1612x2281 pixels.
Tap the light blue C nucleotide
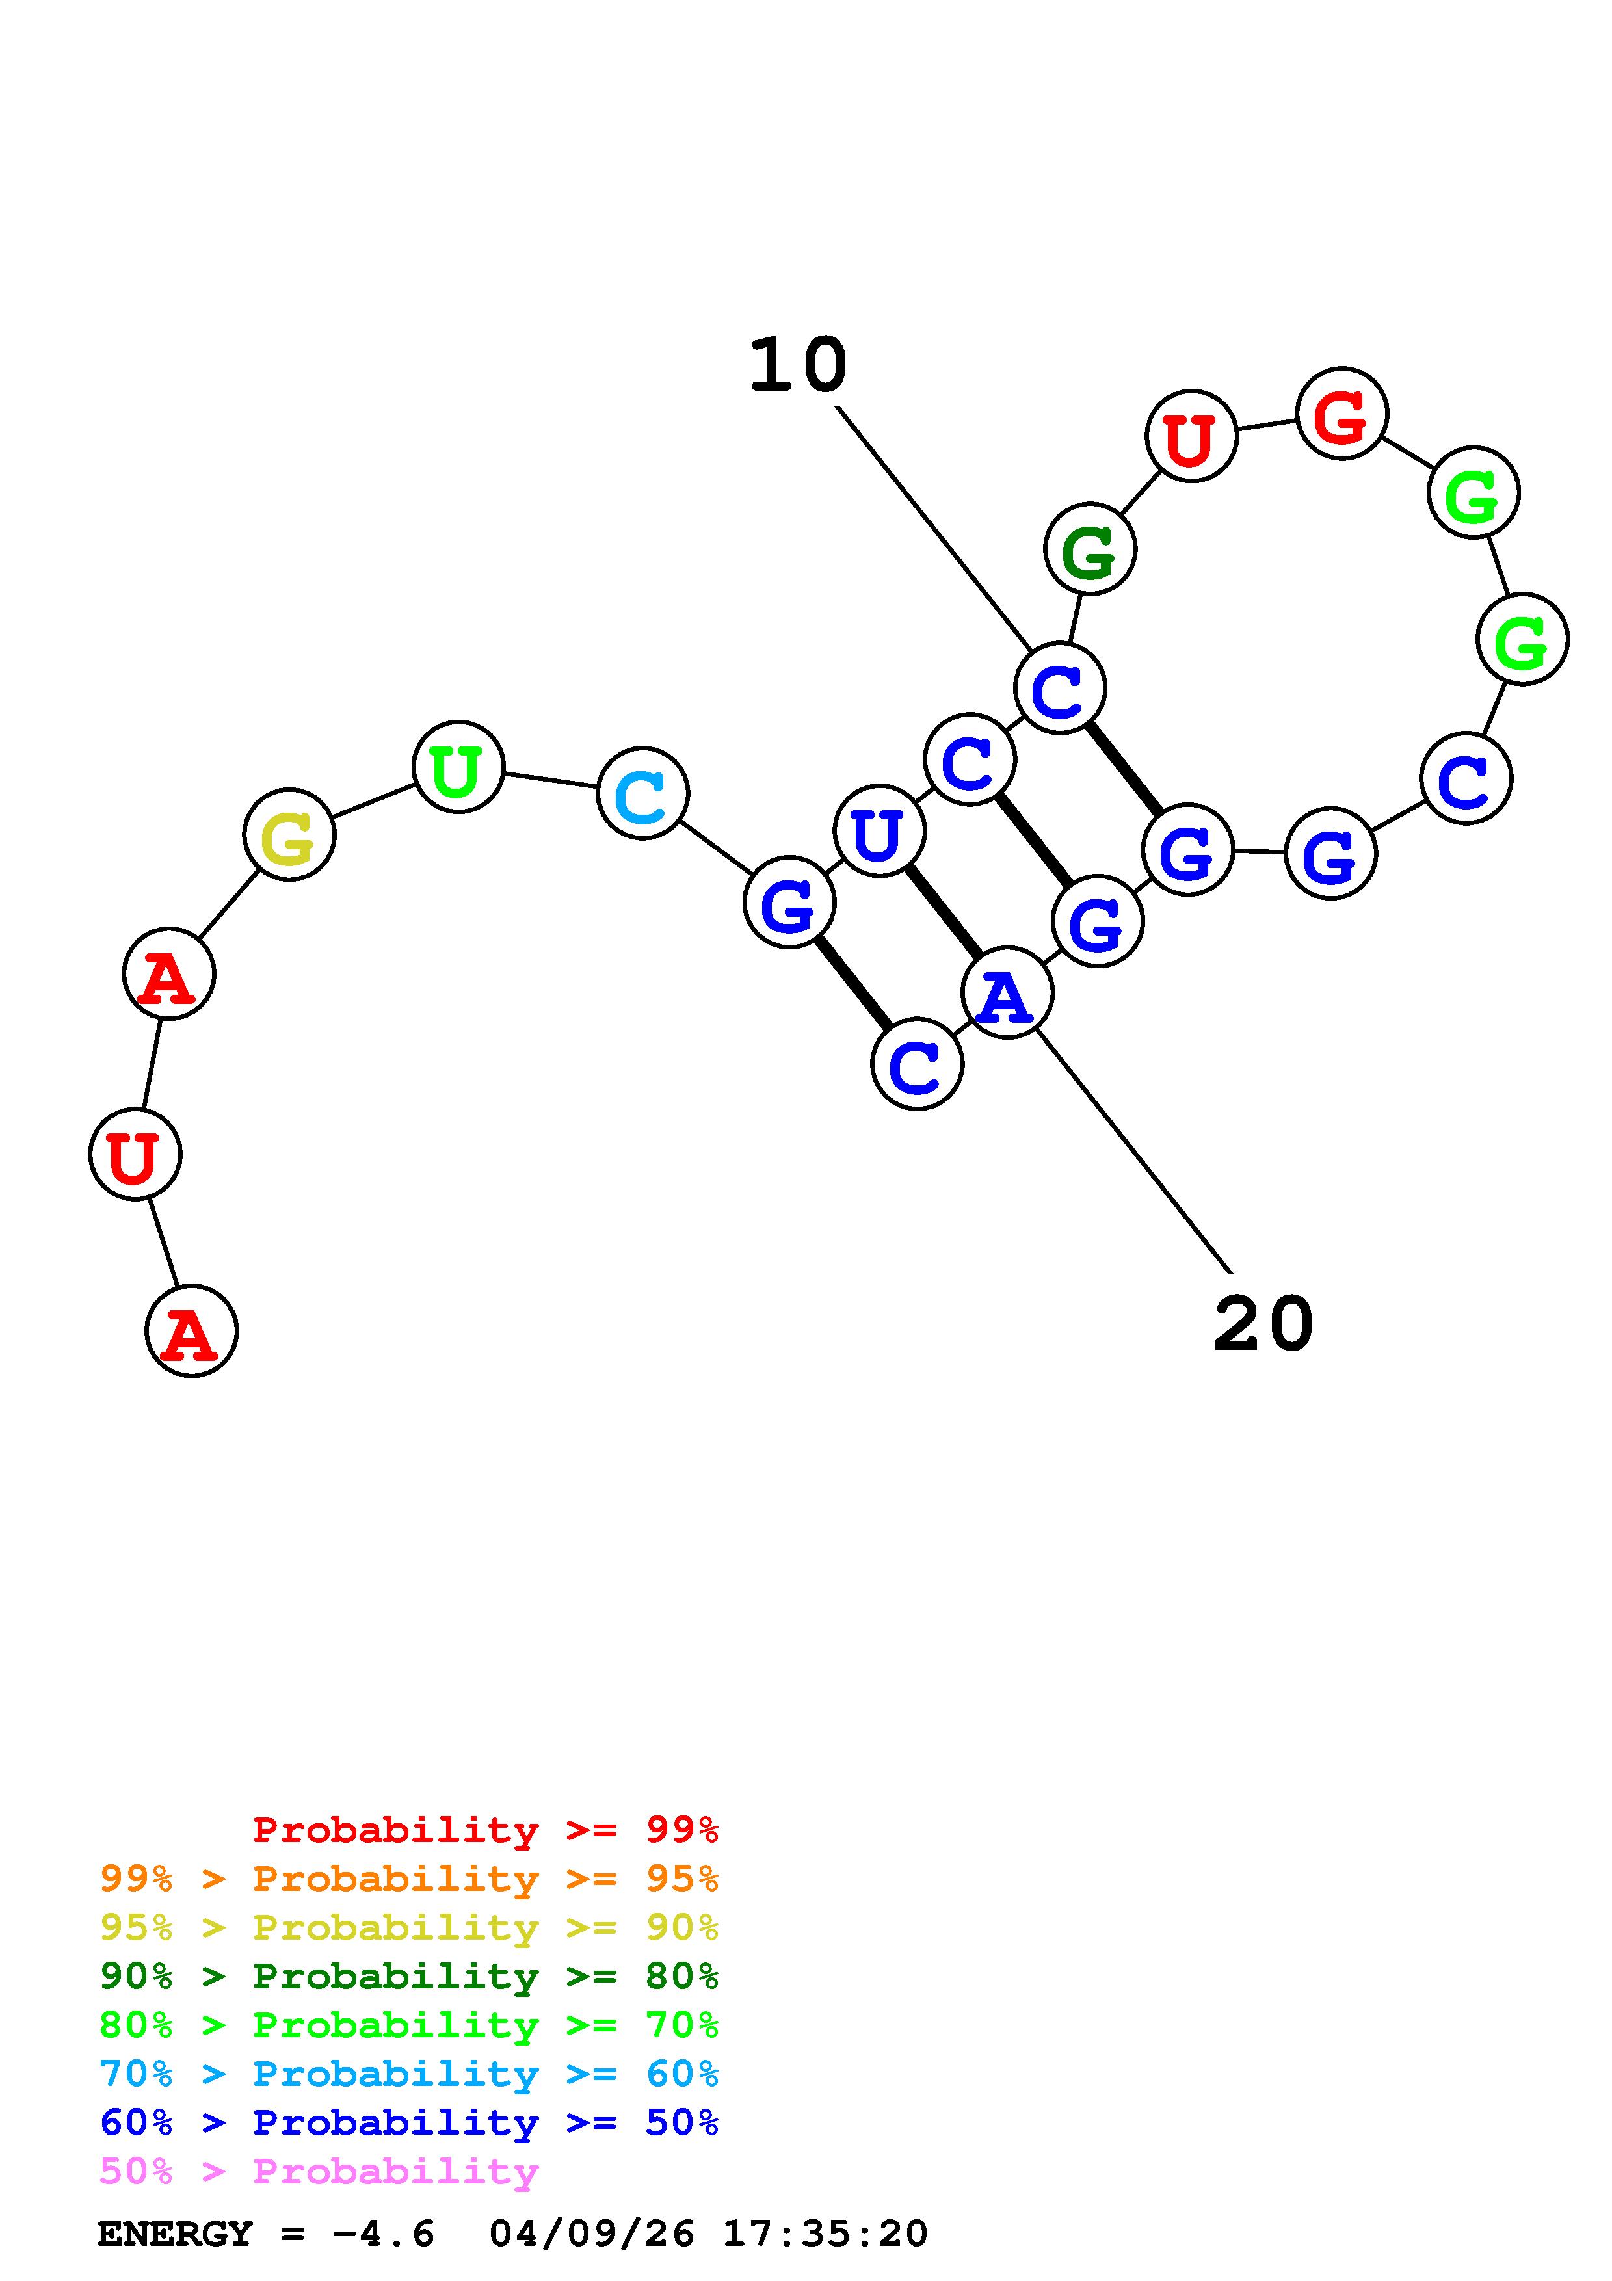point(642,794)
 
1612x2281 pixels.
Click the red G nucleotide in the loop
point(1342,414)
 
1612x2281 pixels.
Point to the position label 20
point(1263,1325)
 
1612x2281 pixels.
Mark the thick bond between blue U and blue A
point(943,911)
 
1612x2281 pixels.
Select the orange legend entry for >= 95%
point(409,1878)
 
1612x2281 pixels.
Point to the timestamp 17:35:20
point(825,2234)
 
